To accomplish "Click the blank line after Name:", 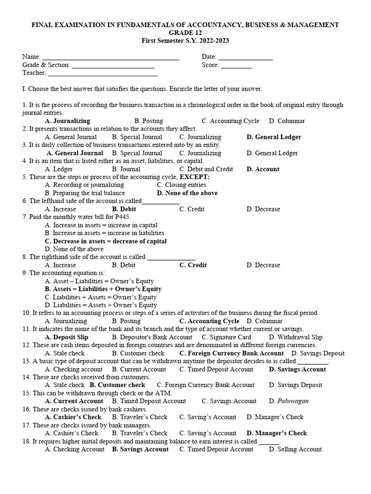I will point(111,58).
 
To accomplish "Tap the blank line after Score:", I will point(236,66).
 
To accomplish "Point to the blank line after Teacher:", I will point(102,74).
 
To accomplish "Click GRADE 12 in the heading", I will point(185,33).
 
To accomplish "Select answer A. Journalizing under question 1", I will point(67,121).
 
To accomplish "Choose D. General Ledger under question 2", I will point(273,137).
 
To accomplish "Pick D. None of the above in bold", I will point(187,193).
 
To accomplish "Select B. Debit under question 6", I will point(124,209).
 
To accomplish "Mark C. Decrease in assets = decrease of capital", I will point(105,241).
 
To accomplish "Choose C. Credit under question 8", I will point(193,265).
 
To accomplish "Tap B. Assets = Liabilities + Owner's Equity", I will point(103,289).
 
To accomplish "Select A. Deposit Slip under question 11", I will point(67,337).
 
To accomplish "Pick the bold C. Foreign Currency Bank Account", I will point(231,353).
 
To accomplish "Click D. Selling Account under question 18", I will point(295,449).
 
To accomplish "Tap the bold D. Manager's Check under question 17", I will point(276,433).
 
